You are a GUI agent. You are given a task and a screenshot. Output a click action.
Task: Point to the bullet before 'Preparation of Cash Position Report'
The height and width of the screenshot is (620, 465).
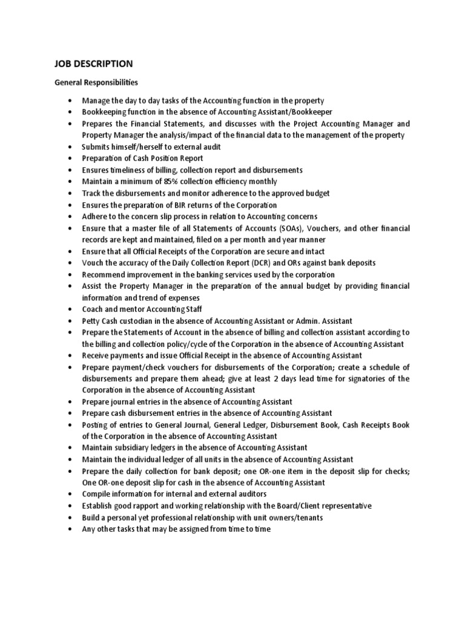pyautogui.click(x=72, y=159)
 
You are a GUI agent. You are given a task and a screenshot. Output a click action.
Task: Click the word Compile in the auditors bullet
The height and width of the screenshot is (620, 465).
pyautogui.click(x=97, y=495)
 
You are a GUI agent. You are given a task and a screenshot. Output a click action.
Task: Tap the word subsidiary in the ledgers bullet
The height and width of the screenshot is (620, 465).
pyautogui.click(x=133, y=448)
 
